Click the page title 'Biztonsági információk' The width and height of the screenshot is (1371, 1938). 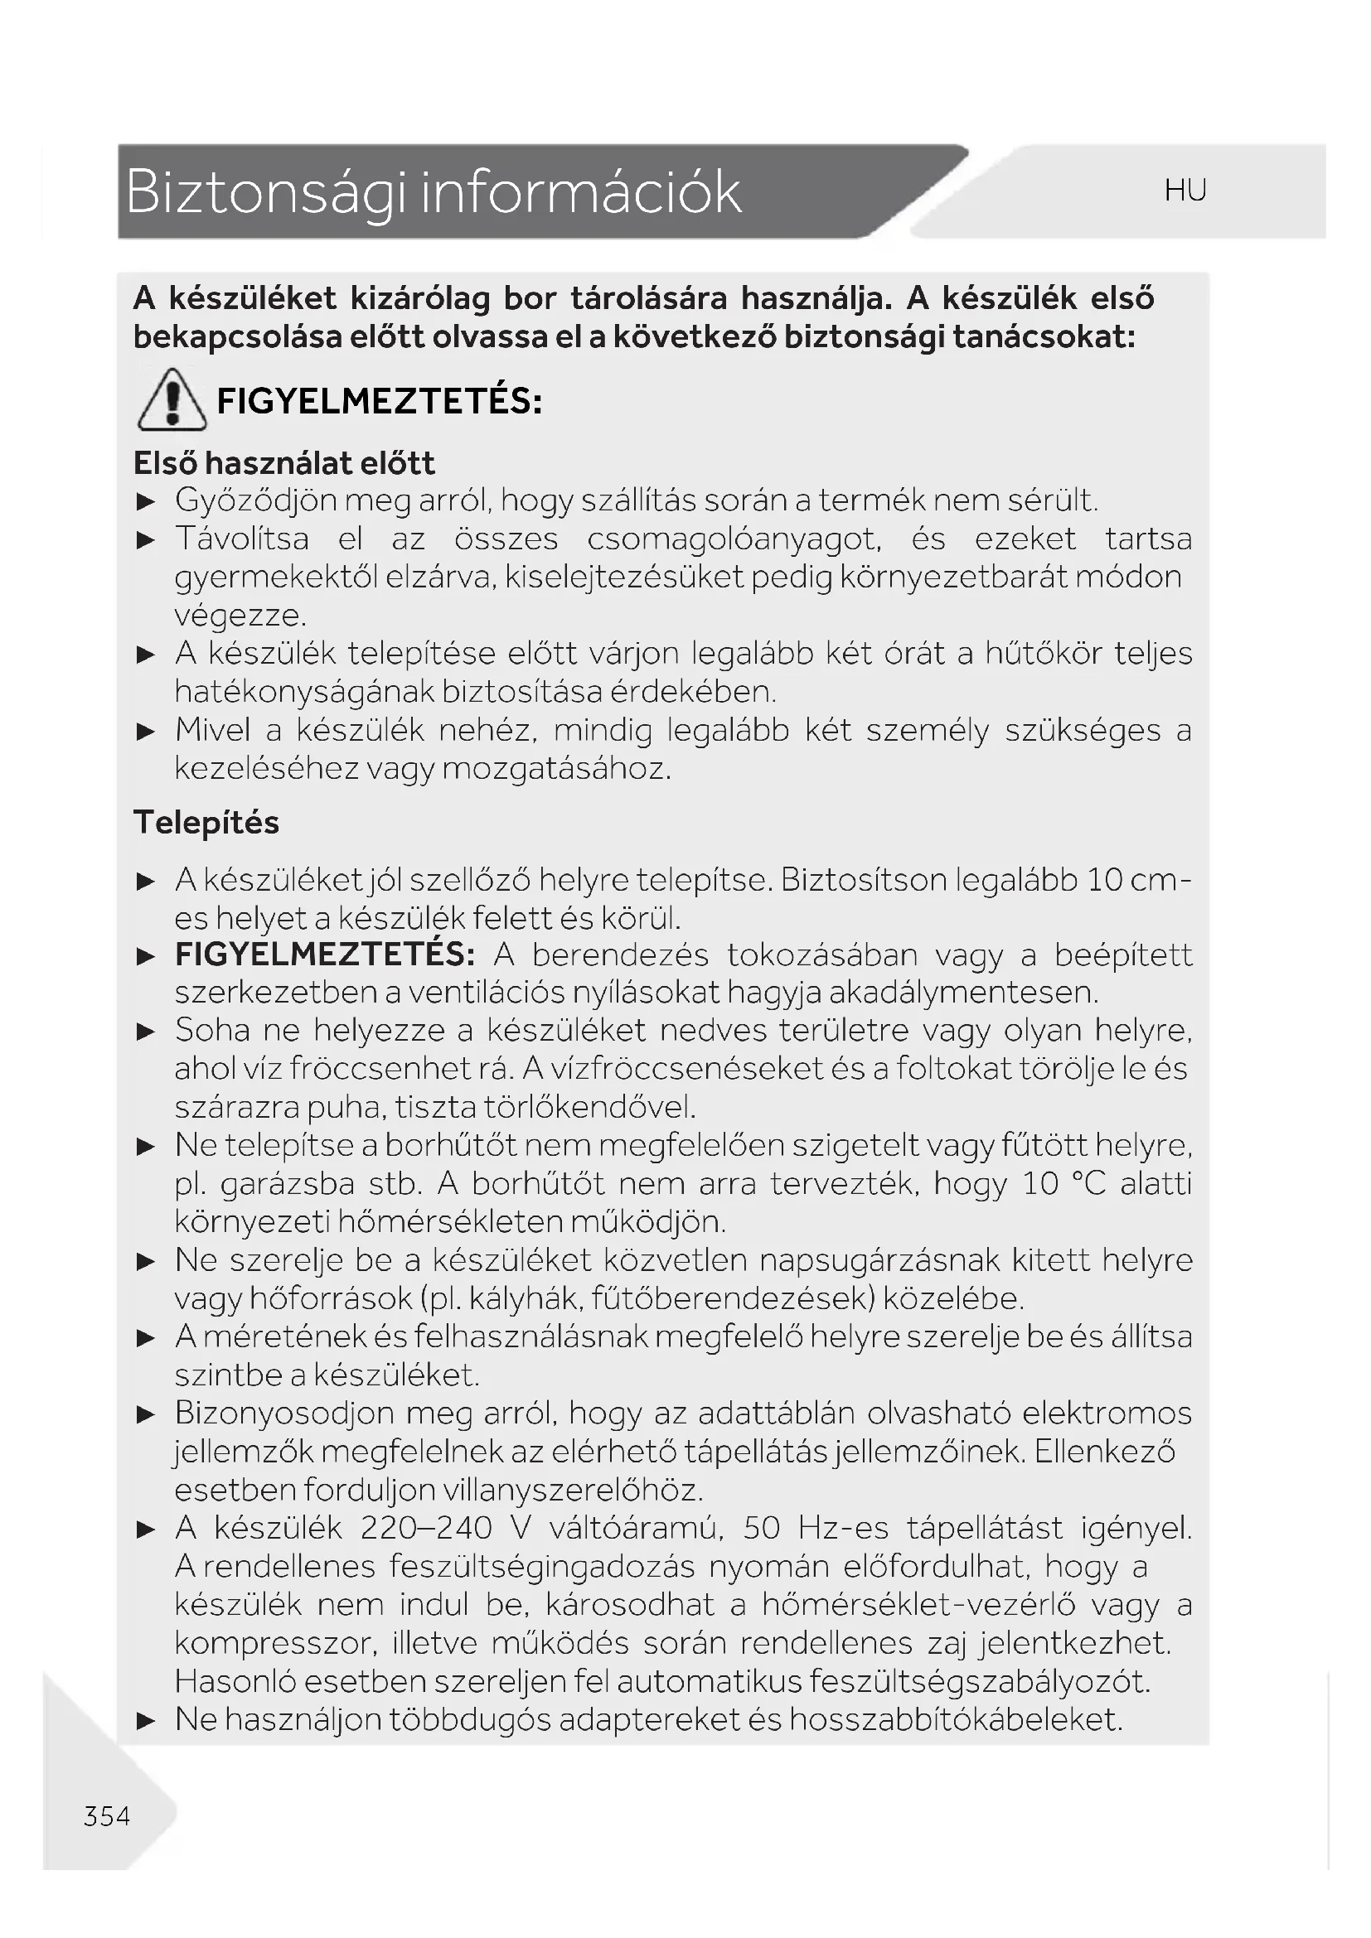point(433,191)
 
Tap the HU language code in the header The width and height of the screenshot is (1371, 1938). point(1184,191)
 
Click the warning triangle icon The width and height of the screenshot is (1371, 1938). point(172,400)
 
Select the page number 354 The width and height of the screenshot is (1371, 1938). point(107,1815)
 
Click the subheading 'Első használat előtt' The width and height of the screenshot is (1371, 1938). point(283,462)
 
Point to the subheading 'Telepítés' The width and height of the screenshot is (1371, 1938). point(206,822)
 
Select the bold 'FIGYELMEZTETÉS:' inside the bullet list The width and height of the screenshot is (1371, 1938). point(325,955)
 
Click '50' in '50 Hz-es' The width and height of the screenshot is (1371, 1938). point(762,1528)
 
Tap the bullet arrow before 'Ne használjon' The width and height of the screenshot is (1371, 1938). point(146,1720)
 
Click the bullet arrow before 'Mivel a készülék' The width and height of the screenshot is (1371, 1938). point(146,731)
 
